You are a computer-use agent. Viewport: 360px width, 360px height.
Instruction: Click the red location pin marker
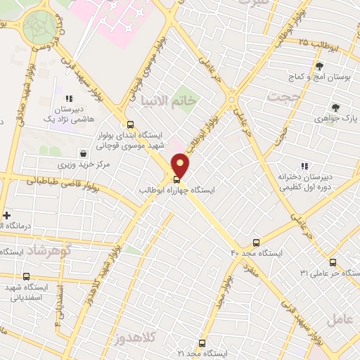pos(181,166)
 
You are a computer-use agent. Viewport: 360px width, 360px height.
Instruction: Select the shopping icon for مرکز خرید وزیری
pos(84,152)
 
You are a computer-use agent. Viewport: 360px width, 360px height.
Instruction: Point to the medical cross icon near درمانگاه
pos(7,215)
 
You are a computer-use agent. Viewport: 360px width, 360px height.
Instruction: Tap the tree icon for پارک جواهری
pos(336,107)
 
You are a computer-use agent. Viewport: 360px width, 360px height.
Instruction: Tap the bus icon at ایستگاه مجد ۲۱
pos(202,343)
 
